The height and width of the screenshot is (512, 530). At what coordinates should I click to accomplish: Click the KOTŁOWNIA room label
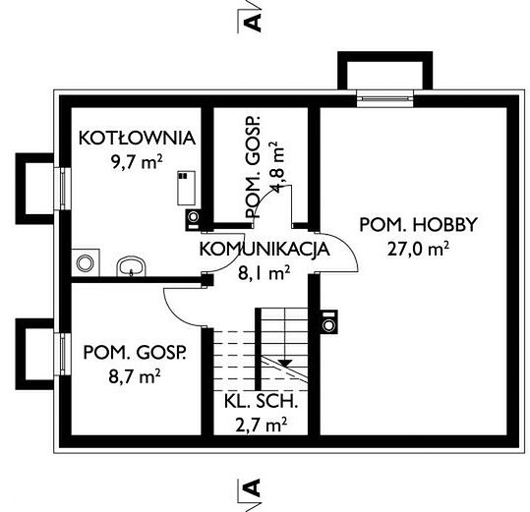point(137,138)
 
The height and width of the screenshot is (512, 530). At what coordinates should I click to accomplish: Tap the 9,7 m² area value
point(137,162)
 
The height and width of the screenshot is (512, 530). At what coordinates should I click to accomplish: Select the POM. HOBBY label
point(418,225)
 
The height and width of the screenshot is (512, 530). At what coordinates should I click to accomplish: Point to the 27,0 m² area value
point(418,250)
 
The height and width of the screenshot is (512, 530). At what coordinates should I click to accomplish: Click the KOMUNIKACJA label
point(265,250)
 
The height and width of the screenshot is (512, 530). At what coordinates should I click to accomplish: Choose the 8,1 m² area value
point(265,273)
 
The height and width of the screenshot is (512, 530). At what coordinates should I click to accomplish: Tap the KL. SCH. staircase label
point(262,402)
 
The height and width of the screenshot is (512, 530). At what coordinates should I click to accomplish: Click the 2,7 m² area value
point(262,425)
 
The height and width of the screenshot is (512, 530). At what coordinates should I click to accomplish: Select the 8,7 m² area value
point(135,376)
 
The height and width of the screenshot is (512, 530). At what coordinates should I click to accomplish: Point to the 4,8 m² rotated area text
point(276,167)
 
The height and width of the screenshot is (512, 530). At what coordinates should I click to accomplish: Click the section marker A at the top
point(253,23)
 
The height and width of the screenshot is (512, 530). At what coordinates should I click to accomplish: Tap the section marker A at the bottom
point(253,487)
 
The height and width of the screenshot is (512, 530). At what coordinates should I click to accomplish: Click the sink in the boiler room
point(131,266)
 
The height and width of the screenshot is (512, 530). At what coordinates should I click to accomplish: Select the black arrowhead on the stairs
point(285,364)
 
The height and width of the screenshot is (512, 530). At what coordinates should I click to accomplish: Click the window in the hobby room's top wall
point(385,98)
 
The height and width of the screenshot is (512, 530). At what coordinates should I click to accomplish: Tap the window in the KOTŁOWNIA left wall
point(63,188)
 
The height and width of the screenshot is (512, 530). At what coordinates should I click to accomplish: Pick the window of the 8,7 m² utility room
point(63,354)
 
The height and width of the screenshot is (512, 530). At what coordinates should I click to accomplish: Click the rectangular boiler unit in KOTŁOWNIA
point(186,188)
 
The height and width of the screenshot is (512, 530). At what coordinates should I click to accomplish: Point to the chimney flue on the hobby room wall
point(328,322)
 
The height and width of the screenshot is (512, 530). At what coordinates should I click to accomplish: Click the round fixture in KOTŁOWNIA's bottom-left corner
point(86,262)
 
